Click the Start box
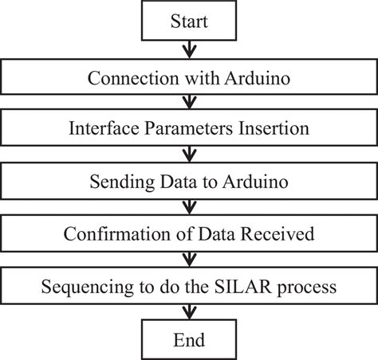(189, 22)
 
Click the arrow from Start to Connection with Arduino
(189, 50)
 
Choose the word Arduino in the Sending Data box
(250, 182)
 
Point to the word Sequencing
(89, 286)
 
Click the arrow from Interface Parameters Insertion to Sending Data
(189, 155)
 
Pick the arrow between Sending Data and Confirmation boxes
(189, 207)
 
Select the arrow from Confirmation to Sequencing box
(189, 259)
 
